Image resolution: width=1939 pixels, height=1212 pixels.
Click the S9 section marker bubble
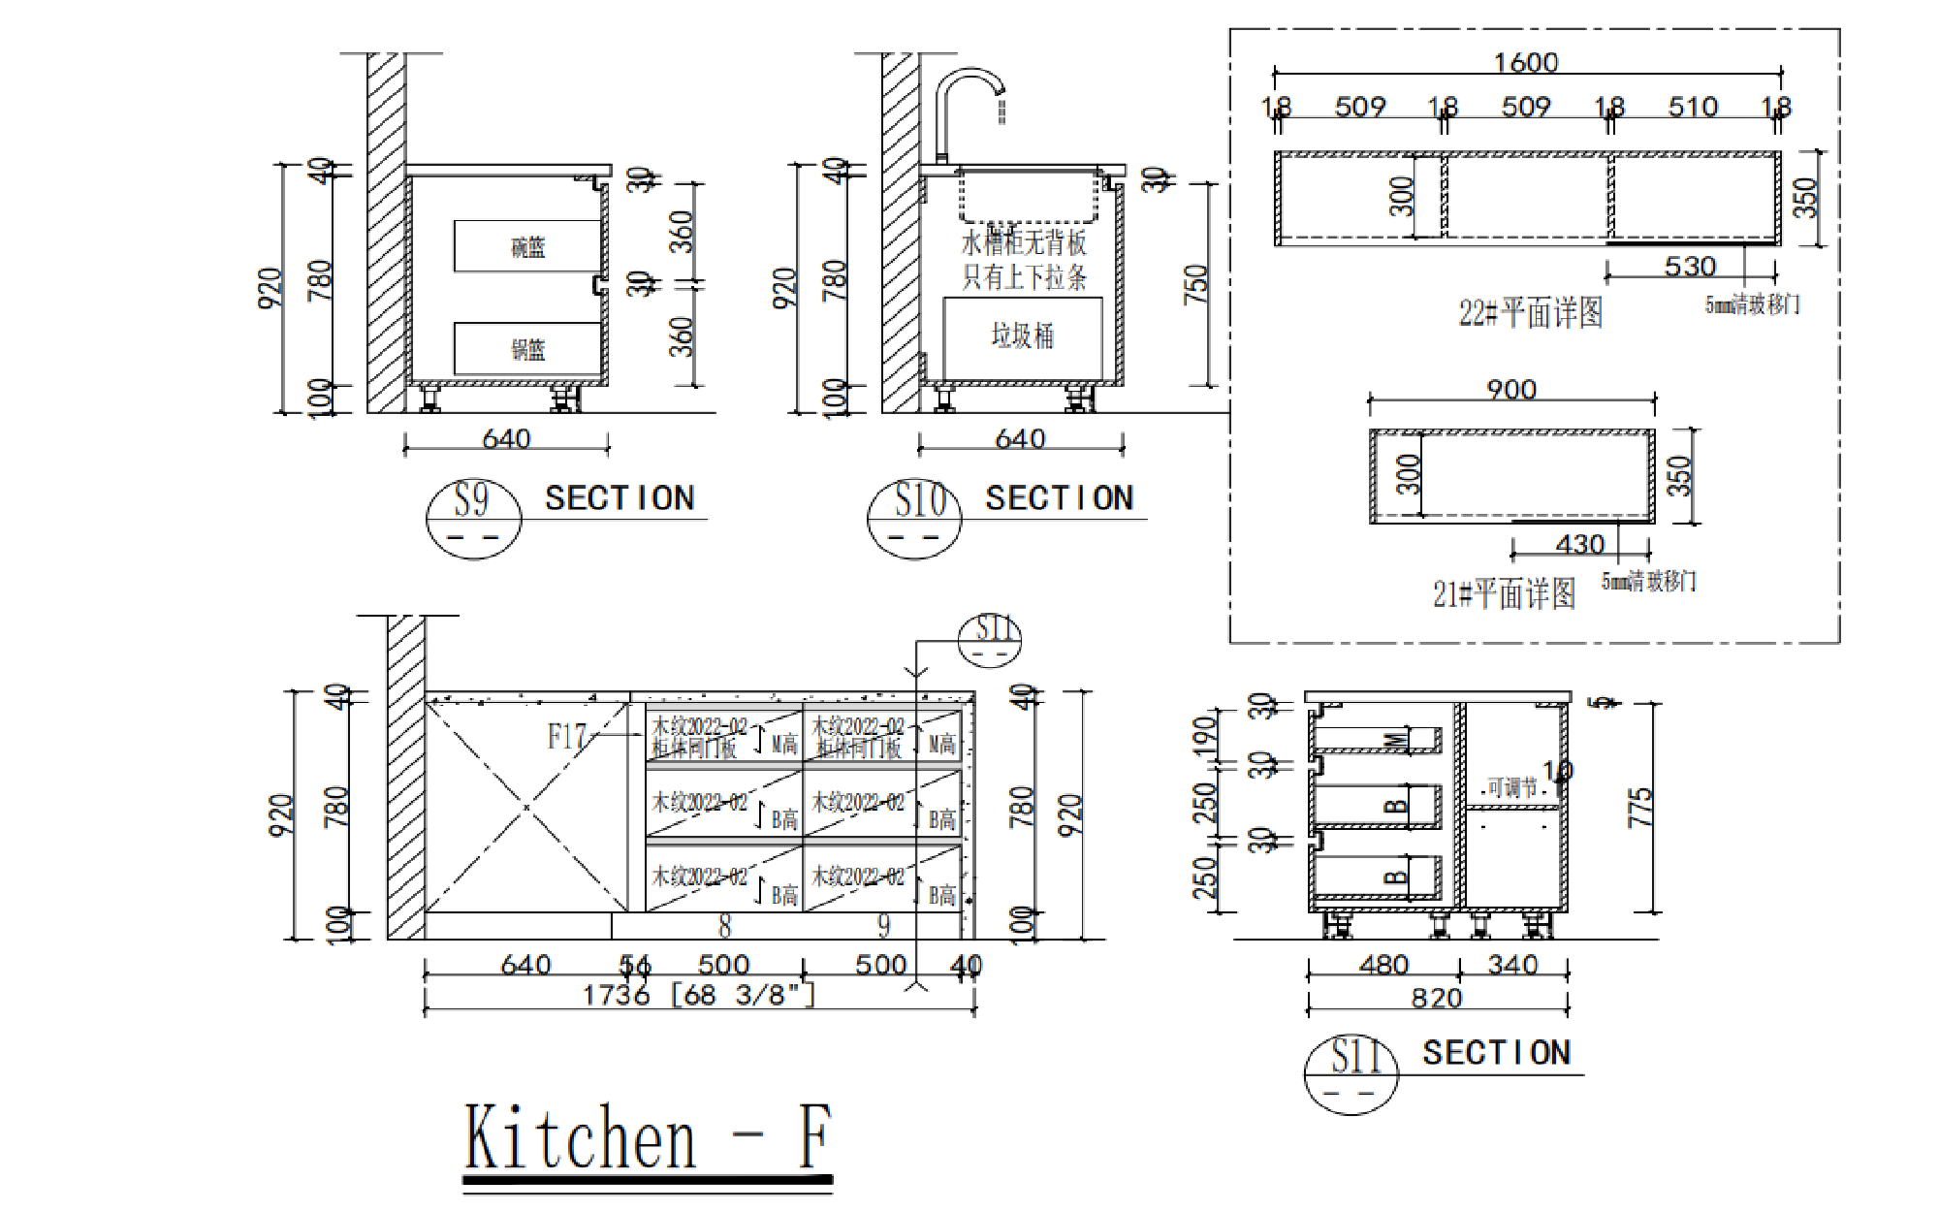coord(473,518)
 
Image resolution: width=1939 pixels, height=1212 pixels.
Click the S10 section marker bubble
coord(914,518)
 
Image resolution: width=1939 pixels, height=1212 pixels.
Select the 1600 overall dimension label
coord(1526,63)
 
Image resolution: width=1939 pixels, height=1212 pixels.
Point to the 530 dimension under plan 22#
coord(1690,266)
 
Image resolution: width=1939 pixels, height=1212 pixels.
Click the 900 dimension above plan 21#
coord(1511,390)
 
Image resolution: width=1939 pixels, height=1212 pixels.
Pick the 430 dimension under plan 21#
coord(1580,544)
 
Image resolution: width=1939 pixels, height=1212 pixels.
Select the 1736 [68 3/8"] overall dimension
coord(698,996)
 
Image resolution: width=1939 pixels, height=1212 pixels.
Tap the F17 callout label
coord(566,737)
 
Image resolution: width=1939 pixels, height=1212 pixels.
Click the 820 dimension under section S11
coord(1437,999)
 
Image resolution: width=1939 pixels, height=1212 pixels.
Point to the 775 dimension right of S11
coord(1639,808)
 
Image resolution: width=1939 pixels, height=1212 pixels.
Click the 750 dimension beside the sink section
coord(1196,284)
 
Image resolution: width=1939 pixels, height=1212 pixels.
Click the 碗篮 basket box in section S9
coord(527,246)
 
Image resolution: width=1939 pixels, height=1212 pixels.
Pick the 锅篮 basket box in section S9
coord(527,348)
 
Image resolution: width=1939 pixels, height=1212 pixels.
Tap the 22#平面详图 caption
coord(1531,312)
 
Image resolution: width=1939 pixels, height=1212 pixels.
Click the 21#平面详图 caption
coord(1504,593)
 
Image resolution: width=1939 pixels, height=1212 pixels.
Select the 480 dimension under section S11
coord(1383,965)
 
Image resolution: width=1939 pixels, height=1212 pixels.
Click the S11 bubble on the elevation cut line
coord(990,639)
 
